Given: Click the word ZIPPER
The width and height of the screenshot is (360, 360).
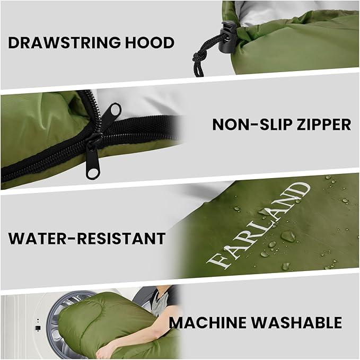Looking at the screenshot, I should [323, 125].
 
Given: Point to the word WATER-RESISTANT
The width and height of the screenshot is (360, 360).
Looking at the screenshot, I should [86, 238].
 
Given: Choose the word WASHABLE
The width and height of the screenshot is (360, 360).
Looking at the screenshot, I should [302, 322].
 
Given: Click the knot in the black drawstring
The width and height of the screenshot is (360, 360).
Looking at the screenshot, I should [200, 56].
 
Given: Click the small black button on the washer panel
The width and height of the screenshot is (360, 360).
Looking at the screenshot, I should [38, 328].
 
